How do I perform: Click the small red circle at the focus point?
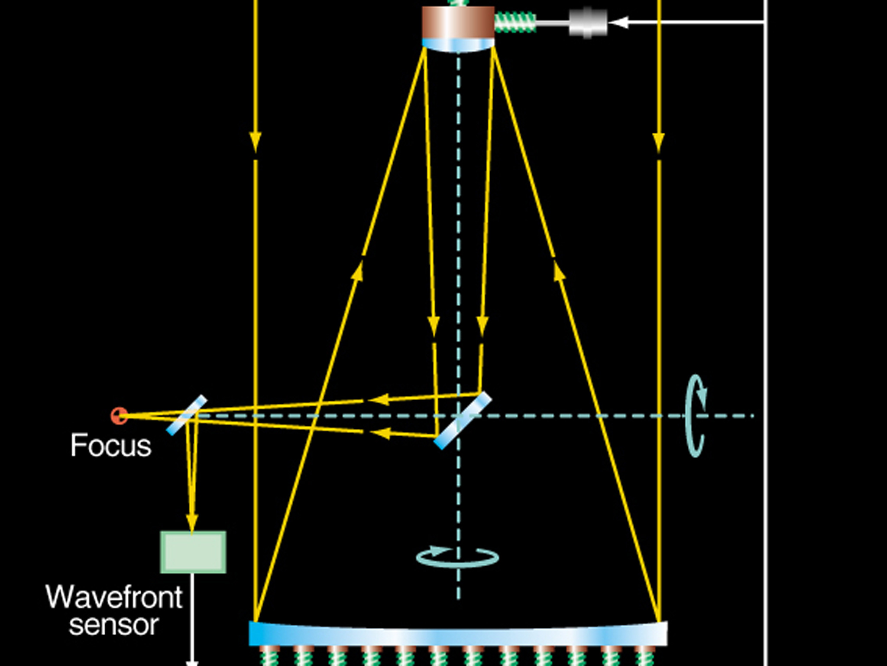coord(119,416)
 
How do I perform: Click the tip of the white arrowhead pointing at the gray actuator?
coord(609,22)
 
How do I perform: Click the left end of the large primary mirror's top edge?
coord(250,622)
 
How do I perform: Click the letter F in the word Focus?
coord(77,445)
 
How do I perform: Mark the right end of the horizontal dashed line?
coord(754,416)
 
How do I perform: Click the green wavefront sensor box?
coord(193,552)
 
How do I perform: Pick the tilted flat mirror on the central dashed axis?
coord(463,421)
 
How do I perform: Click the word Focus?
coord(111,445)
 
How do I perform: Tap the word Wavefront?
coord(114,597)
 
